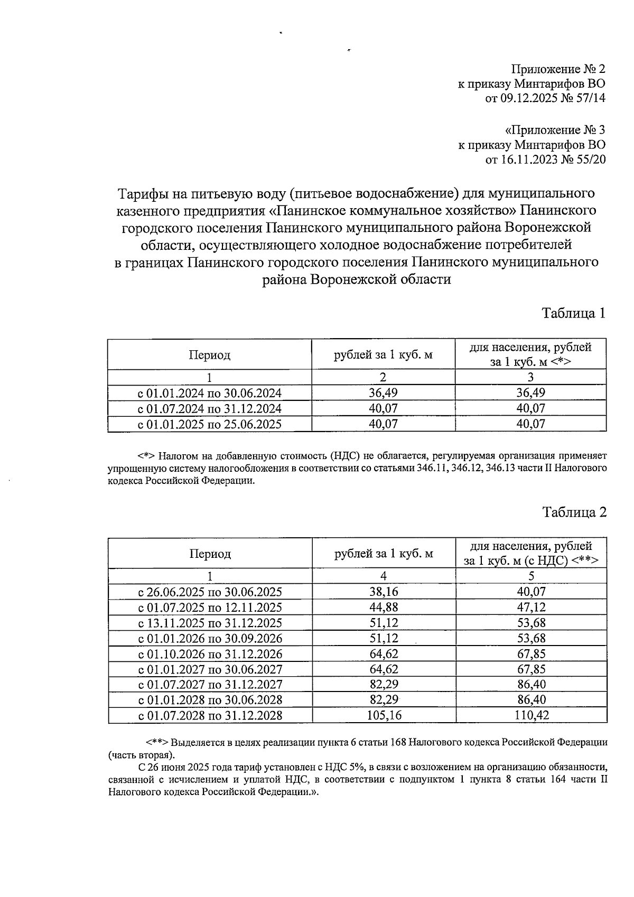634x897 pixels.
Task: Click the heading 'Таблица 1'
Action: pyautogui.click(x=573, y=313)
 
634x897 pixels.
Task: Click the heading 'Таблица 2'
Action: pyautogui.click(x=574, y=512)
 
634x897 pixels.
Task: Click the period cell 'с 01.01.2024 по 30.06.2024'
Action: pyautogui.click(x=210, y=393)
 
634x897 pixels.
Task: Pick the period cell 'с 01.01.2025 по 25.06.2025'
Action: pyautogui.click(x=210, y=424)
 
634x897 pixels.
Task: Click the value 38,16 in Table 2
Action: pyautogui.click(x=384, y=592)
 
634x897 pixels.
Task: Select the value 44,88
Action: pyautogui.click(x=384, y=608)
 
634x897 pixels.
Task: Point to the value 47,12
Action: pyautogui.click(x=531, y=608)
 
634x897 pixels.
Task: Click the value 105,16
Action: pyautogui.click(x=384, y=716)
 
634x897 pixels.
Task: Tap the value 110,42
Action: pyautogui.click(x=531, y=716)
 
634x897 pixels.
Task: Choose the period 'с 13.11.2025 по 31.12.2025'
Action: pyautogui.click(x=210, y=623)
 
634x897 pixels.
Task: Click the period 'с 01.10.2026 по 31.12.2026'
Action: pyautogui.click(x=210, y=654)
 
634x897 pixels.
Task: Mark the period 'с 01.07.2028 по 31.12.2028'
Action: pyautogui.click(x=210, y=716)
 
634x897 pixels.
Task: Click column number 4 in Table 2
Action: pyautogui.click(x=384, y=576)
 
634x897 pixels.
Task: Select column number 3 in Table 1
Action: pyautogui.click(x=531, y=377)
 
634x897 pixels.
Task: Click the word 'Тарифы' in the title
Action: pyautogui.click(x=139, y=193)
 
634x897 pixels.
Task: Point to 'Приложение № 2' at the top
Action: pyautogui.click(x=558, y=69)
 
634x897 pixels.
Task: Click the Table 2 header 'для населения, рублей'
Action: pyautogui.click(x=531, y=547)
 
